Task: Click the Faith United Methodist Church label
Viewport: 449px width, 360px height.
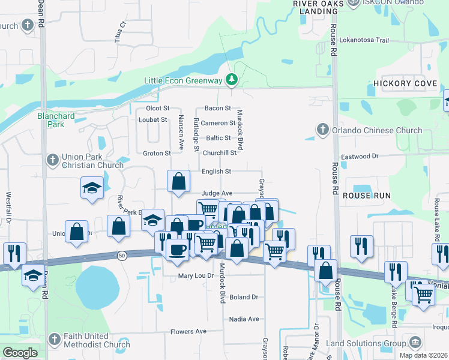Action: point(91,340)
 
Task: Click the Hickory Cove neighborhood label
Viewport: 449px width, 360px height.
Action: point(405,84)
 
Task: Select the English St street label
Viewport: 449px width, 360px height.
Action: point(216,172)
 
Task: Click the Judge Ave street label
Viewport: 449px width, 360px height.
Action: point(217,193)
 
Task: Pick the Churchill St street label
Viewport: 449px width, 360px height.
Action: point(220,153)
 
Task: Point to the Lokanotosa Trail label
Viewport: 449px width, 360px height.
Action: point(365,40)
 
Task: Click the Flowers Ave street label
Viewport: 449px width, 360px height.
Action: point(188,331)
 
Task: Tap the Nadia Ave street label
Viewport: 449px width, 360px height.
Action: point(244,319)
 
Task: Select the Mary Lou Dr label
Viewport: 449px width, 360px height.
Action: point(196,277)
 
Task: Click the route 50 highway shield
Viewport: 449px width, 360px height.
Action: point(122,255)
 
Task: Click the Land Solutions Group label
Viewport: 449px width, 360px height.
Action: point(366,343)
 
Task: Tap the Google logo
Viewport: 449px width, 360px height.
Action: point(20,353)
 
